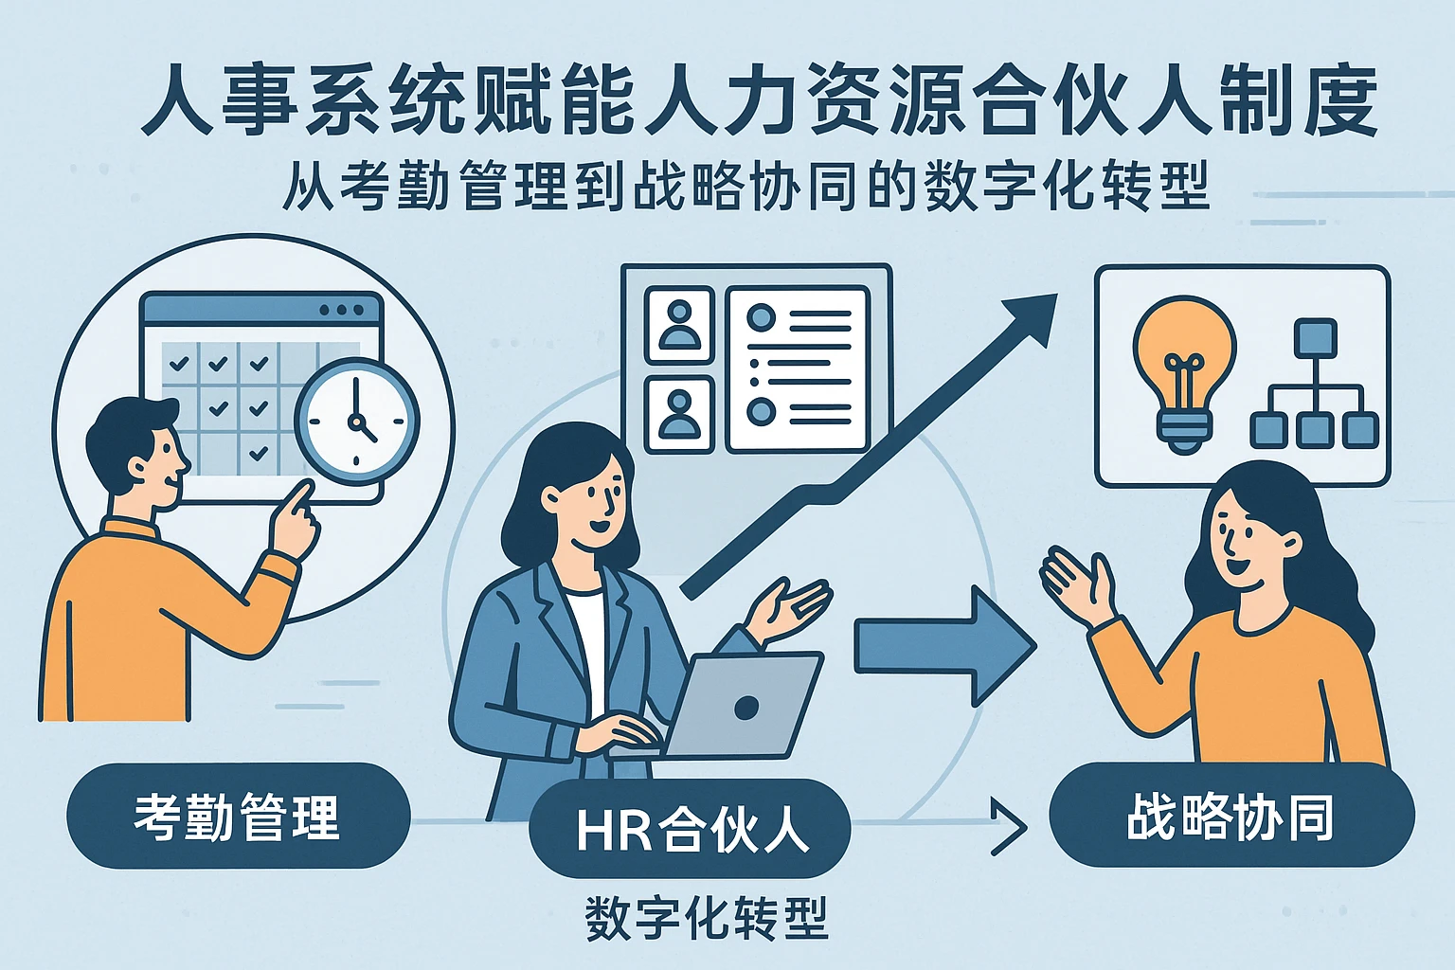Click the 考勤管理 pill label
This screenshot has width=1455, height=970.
pyautogui.click(x=237, y=817)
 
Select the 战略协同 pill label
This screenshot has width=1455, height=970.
pyautogui.click(x=1230, y=817)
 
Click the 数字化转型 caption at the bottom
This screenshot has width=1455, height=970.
pyautogui.click(x=707, y=918)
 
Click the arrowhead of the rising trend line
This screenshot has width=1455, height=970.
pyautogui.click(x=1032, y=317)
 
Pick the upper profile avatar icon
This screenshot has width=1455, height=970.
pyautogui.click(x=678, y=325)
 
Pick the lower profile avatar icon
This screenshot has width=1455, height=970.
pyautogui.click(x=678, y=414)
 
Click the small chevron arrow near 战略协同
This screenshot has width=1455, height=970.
pyautogui.click(x=1008, y=826)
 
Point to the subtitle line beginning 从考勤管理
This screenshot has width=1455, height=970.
pyautogui.click(x=745, y=186)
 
